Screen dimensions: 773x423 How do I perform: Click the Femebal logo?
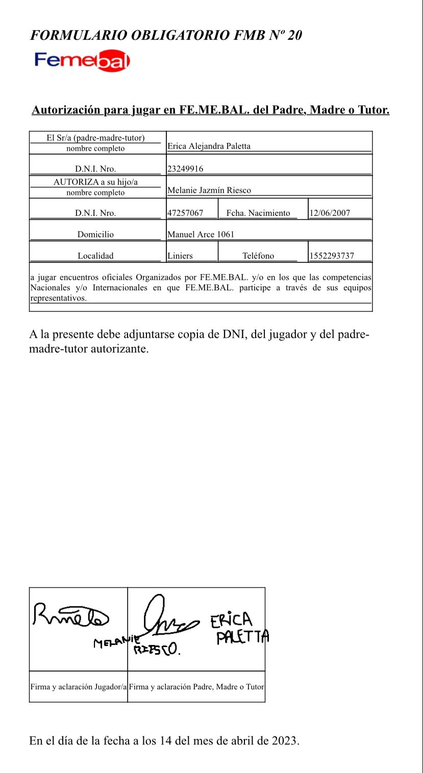pos(82,61)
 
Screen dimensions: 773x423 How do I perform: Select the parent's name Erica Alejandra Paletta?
pos(209,146)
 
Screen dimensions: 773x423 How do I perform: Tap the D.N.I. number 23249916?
pos(185,169)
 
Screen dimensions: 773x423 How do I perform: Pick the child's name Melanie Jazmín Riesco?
pos(209,190)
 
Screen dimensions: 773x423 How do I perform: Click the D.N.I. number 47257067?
pos(185,213)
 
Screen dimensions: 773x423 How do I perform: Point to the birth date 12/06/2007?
pos(330,213)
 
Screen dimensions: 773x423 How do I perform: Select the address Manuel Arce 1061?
pos(201,235)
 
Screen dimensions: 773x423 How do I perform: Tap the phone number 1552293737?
pos(332,256)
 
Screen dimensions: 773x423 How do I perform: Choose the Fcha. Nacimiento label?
pos(258,213)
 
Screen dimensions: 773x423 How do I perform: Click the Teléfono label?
pos(258,256)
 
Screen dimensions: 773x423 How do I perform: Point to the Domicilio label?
pos(95,235)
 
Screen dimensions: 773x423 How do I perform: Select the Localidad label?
pos(95,256)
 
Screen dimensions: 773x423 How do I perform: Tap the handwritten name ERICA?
pos(231,620)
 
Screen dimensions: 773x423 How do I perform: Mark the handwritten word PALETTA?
pos(242,637)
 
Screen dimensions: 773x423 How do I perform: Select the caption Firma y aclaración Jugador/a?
pos(79,687)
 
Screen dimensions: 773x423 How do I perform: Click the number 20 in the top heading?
pos(294,35)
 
